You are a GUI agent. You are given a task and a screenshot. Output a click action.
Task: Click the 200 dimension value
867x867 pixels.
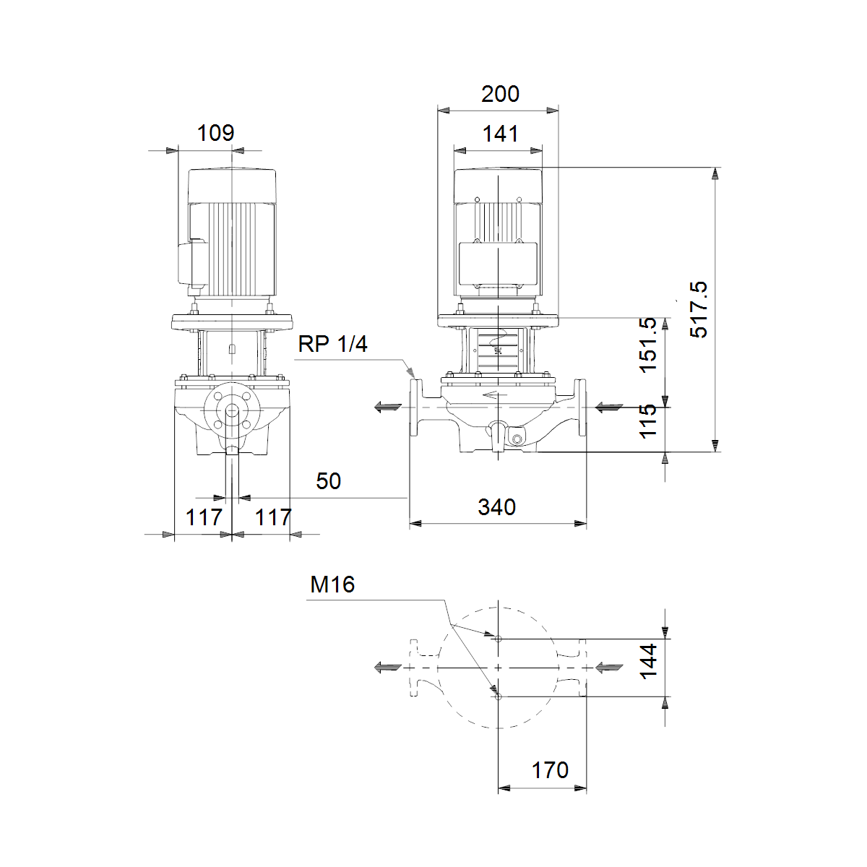500,94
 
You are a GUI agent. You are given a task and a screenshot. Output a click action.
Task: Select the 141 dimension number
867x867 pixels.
500,134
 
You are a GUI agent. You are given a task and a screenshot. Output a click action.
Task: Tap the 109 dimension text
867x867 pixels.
215,133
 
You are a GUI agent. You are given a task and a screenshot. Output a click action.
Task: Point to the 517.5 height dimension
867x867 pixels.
699,309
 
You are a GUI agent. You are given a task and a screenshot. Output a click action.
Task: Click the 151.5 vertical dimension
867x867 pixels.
648,345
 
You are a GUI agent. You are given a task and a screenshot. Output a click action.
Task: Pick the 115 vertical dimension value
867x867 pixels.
648,420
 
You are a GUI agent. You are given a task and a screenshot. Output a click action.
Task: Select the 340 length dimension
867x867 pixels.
496,507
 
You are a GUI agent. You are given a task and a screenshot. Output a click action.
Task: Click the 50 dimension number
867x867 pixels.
329,481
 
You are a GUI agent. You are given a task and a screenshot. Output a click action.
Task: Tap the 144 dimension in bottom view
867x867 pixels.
648,661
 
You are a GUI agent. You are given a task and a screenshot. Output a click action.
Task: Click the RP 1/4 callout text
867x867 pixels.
333,344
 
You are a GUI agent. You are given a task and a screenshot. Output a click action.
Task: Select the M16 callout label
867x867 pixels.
332,585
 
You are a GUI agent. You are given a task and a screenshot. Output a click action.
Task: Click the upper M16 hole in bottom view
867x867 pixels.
498,639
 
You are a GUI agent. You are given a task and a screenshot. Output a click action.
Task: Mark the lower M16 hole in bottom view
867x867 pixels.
498,697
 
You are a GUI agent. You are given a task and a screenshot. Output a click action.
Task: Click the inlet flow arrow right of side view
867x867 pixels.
609,408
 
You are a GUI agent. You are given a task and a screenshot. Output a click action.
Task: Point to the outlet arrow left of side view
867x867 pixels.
387,407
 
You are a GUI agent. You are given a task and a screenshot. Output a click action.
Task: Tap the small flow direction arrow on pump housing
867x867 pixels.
494,395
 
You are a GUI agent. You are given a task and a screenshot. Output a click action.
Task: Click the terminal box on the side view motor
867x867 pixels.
498,264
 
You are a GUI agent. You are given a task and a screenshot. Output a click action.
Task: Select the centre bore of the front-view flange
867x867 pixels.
232,410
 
